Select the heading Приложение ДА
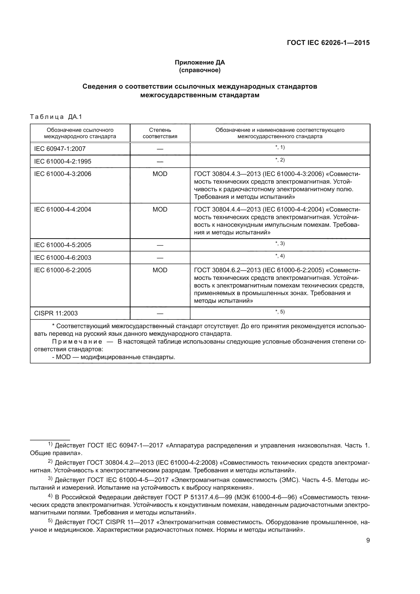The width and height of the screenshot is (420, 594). pos(200,62)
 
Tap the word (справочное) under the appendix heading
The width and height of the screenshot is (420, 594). pos(200,70)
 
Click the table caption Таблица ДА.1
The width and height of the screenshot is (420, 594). pos(56,117)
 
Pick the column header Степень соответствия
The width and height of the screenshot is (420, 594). pos(160,133)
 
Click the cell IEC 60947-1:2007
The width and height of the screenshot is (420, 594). pos(60,149)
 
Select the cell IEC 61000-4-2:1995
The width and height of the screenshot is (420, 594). pos(62,162)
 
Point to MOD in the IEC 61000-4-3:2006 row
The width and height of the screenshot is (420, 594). pos(160,174)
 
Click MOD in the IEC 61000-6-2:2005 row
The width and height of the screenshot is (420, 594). pos(160,270)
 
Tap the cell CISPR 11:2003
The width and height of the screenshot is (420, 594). pos(56,313)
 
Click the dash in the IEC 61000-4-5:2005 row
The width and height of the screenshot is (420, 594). pos(160,245)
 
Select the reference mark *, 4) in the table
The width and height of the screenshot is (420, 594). pos(280,256)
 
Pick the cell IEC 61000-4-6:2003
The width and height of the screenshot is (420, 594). pos(62,258)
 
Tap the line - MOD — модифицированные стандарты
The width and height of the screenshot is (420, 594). pos(114,357)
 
